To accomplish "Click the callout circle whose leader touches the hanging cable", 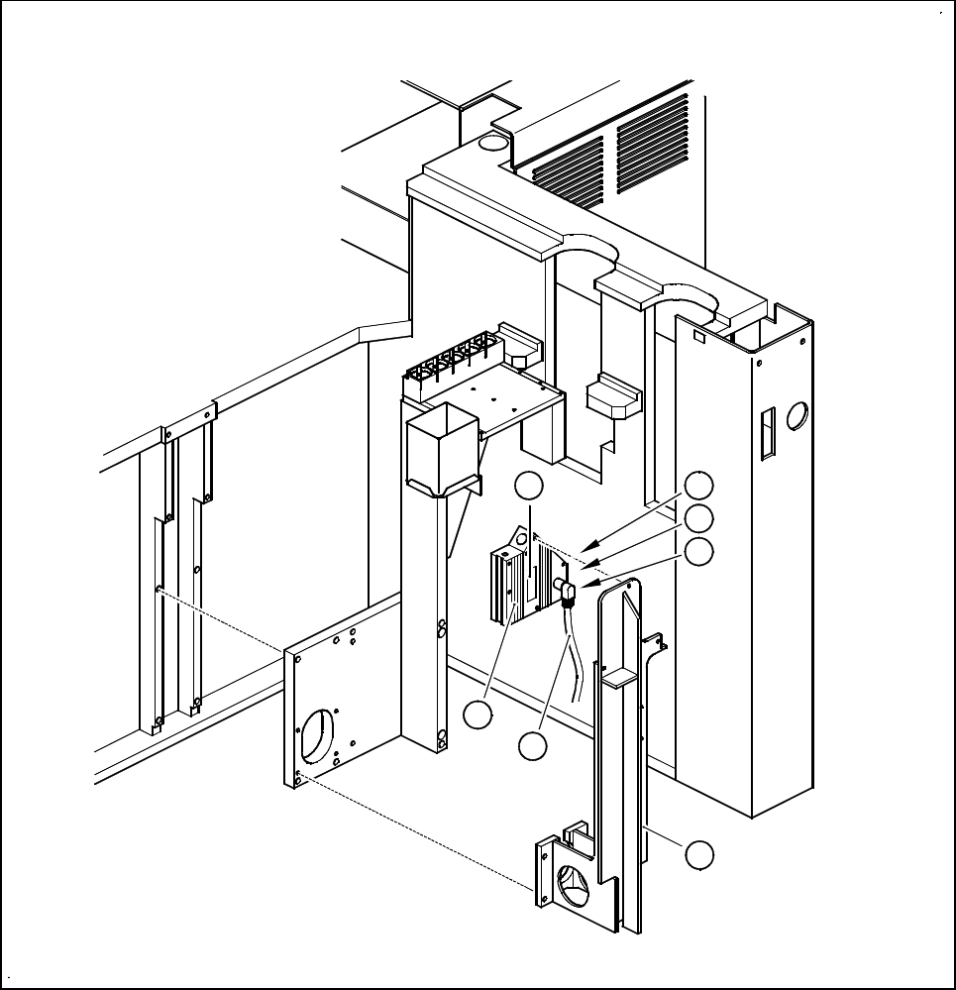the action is pos(533,746).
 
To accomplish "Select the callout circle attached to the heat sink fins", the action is pos(478,715).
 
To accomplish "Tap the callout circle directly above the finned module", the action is pos(530,486).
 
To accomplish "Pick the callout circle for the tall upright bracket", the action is pos(700,854).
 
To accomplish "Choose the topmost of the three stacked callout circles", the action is pos(699,485).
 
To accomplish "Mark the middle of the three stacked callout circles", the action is pos(699,517).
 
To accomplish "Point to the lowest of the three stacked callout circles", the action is pos(699,551).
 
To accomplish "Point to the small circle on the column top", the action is pos(490,144).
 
